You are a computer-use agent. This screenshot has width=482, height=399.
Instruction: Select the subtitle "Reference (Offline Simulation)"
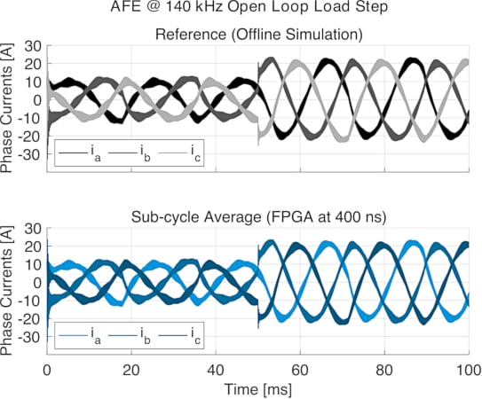tap(257, 35)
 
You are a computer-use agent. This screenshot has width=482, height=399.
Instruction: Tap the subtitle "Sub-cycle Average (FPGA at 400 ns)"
tap(257, 218)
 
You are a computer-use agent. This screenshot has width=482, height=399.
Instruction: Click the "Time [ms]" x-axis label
tap(257, 388)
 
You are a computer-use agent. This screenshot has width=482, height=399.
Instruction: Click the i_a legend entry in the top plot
tap(79, 155)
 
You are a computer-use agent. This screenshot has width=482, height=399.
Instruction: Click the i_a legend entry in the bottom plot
tap(79, 338)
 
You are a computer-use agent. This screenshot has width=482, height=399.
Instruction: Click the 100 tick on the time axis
tap(468, 368)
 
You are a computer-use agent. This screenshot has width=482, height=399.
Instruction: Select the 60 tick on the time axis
tap(299, 368)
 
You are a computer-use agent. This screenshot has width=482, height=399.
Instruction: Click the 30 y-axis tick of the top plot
tap(34, 46)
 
